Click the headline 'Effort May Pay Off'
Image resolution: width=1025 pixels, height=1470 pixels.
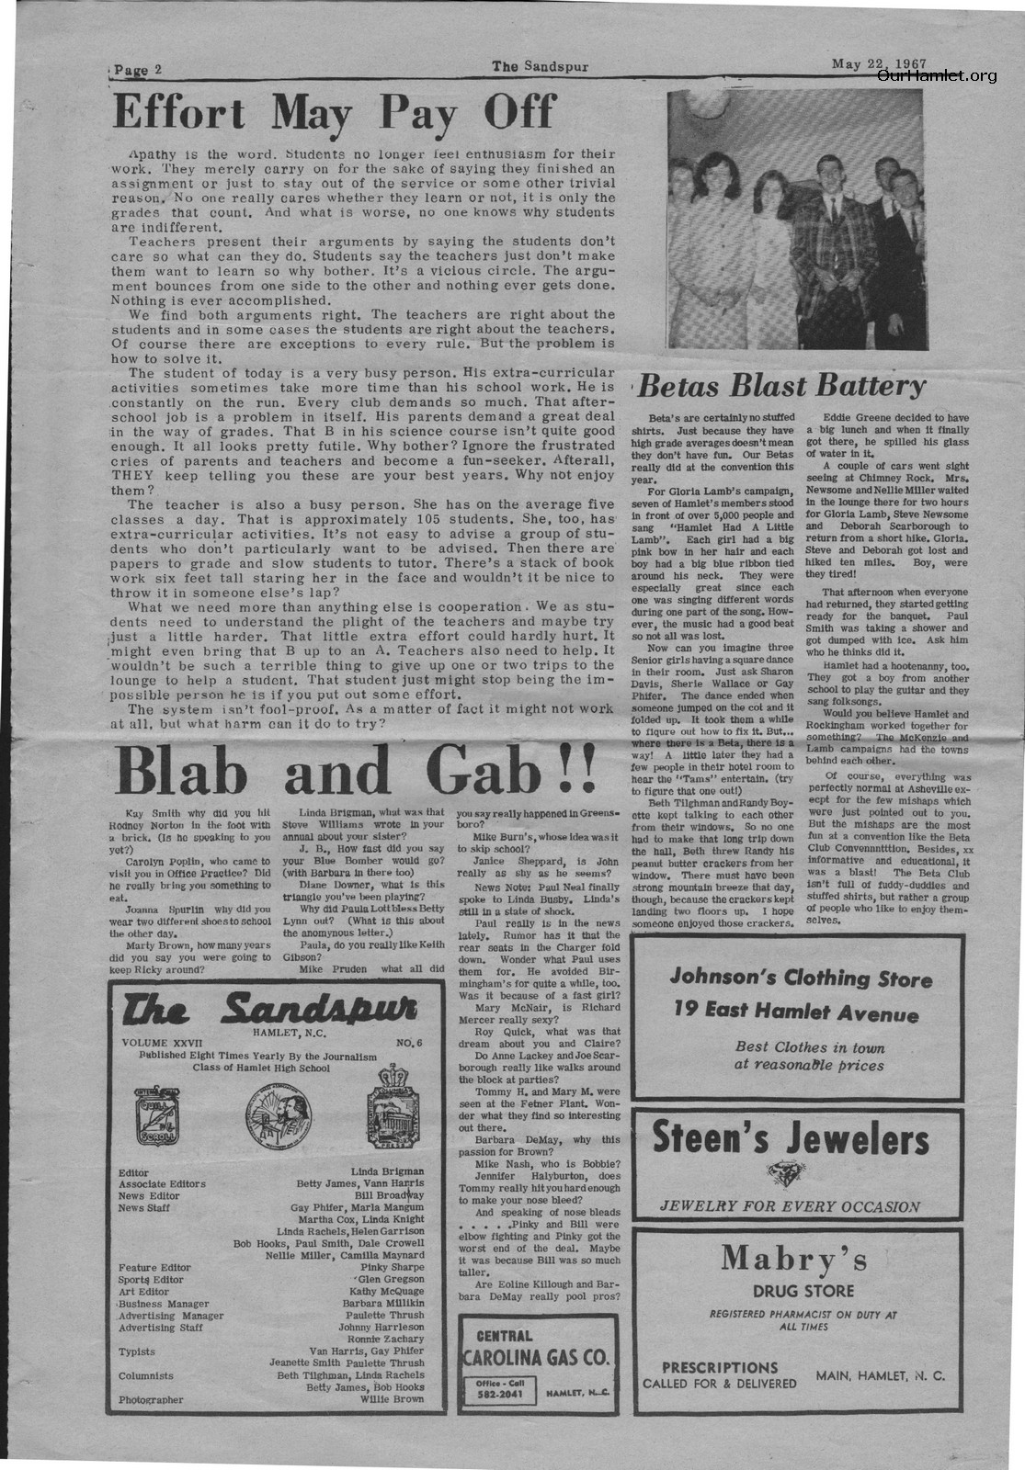[x=334, y=113]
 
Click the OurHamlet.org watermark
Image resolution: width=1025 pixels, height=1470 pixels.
[x=936, y=76]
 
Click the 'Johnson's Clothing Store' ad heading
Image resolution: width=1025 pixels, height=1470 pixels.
[x=800, y=978]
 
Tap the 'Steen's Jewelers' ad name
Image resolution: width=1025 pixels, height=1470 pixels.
[x=791, y=1139]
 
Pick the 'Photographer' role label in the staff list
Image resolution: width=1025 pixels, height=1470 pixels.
[x=151, y=1400]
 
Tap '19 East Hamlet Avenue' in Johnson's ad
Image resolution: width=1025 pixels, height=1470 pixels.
[x=795, y=1013]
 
